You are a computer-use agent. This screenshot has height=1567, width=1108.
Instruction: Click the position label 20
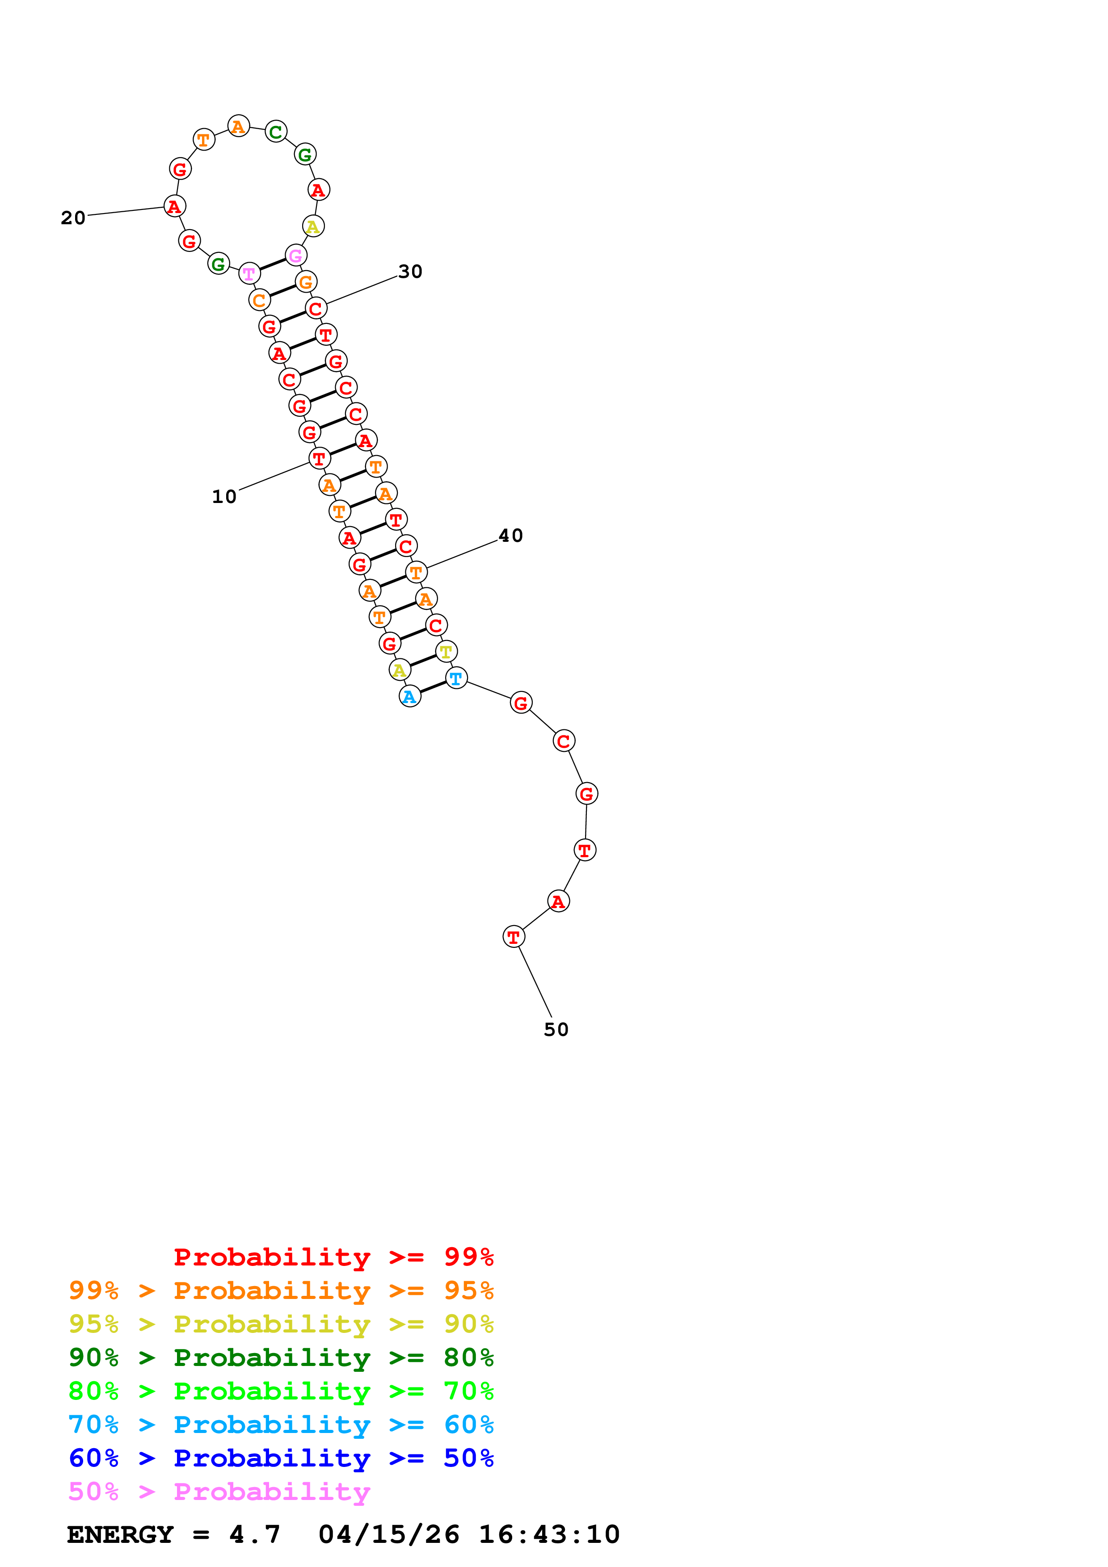click(73, 218)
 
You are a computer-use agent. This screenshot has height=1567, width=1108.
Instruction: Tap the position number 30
click(410, 272)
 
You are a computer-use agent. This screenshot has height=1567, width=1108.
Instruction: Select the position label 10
click(224, 496)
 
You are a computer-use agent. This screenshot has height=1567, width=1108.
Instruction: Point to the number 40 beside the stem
click(511, 536)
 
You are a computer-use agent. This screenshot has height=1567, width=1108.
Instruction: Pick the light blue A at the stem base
click(409, 697)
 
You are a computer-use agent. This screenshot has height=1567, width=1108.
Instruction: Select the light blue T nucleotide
click(456, 679)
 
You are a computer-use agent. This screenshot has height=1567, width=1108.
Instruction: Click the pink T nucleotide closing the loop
click(249, 274)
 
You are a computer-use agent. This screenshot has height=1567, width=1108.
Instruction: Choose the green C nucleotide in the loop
click(276, 132)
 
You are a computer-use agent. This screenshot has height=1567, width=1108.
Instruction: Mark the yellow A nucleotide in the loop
click(313, 226)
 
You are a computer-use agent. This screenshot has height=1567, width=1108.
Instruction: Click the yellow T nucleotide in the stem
click(446, 652)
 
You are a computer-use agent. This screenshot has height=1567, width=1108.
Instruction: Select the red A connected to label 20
click(175, 206)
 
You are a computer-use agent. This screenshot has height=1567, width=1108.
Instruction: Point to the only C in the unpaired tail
click(563, 741)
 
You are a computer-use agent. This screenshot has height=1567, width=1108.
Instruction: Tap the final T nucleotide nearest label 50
click(514, 937)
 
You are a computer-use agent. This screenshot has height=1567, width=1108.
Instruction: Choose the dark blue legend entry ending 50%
click(281, 1458)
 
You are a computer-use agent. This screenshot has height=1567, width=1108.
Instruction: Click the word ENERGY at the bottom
click(120, 1535)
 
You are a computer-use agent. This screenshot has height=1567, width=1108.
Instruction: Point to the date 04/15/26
click(388, 1535)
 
